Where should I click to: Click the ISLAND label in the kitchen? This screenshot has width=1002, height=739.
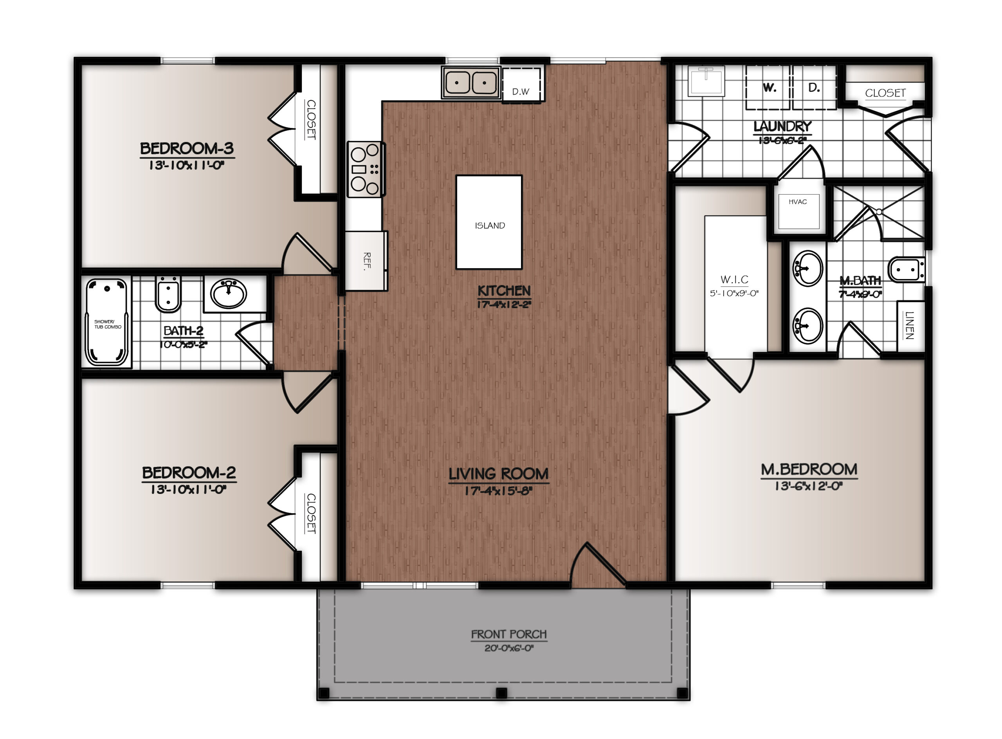tap(490, 226)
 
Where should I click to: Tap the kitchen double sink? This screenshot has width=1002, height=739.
tap(470, 82)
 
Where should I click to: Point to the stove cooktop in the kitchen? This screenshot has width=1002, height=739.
tap(366, 169)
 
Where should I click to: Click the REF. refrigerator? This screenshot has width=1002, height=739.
tap(366, 260)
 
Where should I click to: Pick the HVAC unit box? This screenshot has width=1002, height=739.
tap(798, 211)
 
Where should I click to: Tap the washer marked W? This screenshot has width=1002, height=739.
tap(768, 88)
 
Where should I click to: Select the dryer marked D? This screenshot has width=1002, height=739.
tap(814, 88)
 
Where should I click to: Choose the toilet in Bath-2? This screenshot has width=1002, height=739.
tap(168, 294)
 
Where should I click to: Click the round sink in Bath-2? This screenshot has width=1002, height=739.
tap(229, 294)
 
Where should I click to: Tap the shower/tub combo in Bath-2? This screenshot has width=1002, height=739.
tap(106, 322)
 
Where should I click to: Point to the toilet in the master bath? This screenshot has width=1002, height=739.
tap(906, 269)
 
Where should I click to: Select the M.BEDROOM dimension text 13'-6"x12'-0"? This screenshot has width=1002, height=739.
tap(809, 486)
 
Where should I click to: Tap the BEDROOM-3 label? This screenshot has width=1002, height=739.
tap(187, 148)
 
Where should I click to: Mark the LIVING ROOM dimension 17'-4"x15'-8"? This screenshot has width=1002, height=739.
tap(498, 491)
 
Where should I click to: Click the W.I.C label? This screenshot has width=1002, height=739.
tap(734, 279)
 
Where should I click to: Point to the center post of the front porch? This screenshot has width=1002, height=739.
tap(502, 693)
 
